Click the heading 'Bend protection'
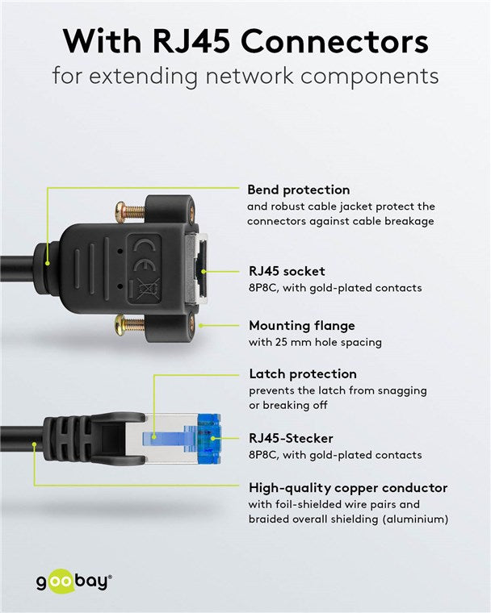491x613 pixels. [x=298, y=190]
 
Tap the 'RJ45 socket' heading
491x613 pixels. [x=286, y=271]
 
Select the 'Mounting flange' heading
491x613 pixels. [x=300, y=326]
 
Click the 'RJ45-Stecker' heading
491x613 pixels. [x=290, y=439]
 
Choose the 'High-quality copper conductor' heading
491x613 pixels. [x=347, y=487]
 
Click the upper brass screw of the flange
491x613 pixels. [x=132, y=211]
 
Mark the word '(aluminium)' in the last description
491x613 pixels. [x=409, y=519]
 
